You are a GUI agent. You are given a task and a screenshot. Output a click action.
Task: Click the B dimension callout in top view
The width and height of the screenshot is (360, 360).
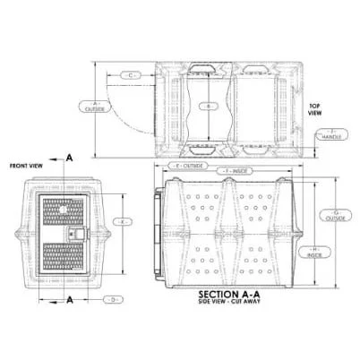(x=208, y=106)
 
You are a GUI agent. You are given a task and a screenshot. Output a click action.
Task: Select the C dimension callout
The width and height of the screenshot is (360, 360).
(x=131, y=75)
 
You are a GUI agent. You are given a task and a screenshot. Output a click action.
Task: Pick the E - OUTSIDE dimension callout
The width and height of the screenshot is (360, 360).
(x=188, y=166)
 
